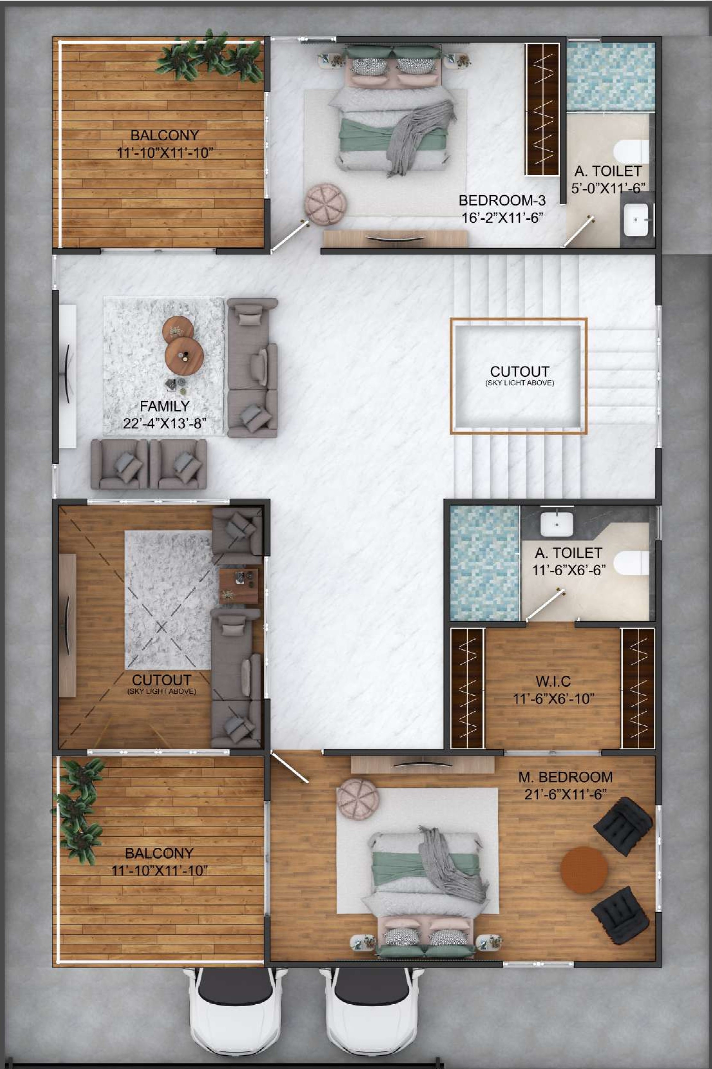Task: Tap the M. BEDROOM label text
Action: (565, 777)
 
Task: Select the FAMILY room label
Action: (164, 406)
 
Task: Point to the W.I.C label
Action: (553, 681)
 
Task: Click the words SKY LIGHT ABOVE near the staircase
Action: (519, 383)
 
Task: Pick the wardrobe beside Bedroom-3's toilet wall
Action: (542, 110)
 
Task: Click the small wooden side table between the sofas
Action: (238, 586)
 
